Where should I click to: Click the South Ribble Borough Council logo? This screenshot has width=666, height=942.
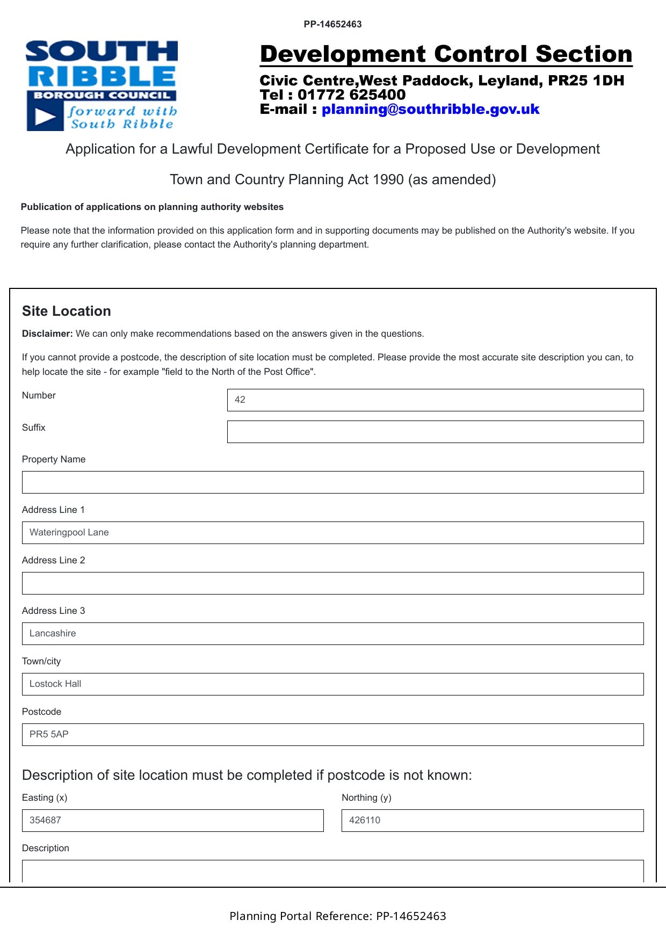(102, 85)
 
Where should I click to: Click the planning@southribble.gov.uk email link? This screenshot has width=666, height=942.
(430, 110)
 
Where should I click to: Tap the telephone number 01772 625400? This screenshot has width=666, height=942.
(351, 95)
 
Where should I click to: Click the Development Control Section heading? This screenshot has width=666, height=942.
(446, 54)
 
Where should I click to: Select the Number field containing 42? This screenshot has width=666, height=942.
(435, 400)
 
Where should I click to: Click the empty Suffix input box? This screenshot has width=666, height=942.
(435, 432)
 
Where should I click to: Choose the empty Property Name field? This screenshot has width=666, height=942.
(332, 482)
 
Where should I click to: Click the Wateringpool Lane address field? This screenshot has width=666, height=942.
(332, 533)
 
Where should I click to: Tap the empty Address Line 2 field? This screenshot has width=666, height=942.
(332, 583)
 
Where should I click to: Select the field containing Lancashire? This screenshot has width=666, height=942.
(332, 634)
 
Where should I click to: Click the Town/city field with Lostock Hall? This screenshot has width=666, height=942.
(332, 684)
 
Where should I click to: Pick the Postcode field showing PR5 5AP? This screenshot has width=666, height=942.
(332, 735)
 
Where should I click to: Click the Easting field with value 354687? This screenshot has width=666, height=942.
(172, 821)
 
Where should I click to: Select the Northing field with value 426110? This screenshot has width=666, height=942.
(493, 821)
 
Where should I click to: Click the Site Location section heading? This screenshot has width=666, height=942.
(67, 311)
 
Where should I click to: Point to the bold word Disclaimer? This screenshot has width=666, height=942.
(47, 334)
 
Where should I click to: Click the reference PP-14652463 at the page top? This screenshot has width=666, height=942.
(332, 24)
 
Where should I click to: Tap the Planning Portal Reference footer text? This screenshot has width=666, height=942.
(337, 916)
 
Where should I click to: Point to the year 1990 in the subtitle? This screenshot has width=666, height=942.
(389, 180)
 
